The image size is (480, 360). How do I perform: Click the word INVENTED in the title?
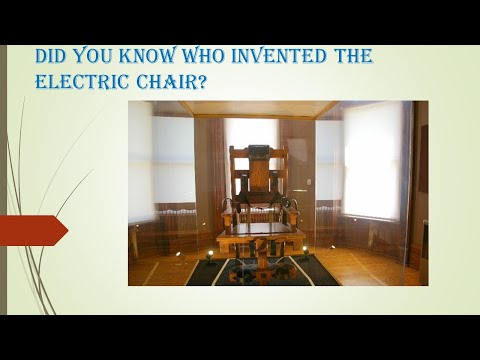click(x=283, y=57)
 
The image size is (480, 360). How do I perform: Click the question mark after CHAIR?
click(x=202, y=83)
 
